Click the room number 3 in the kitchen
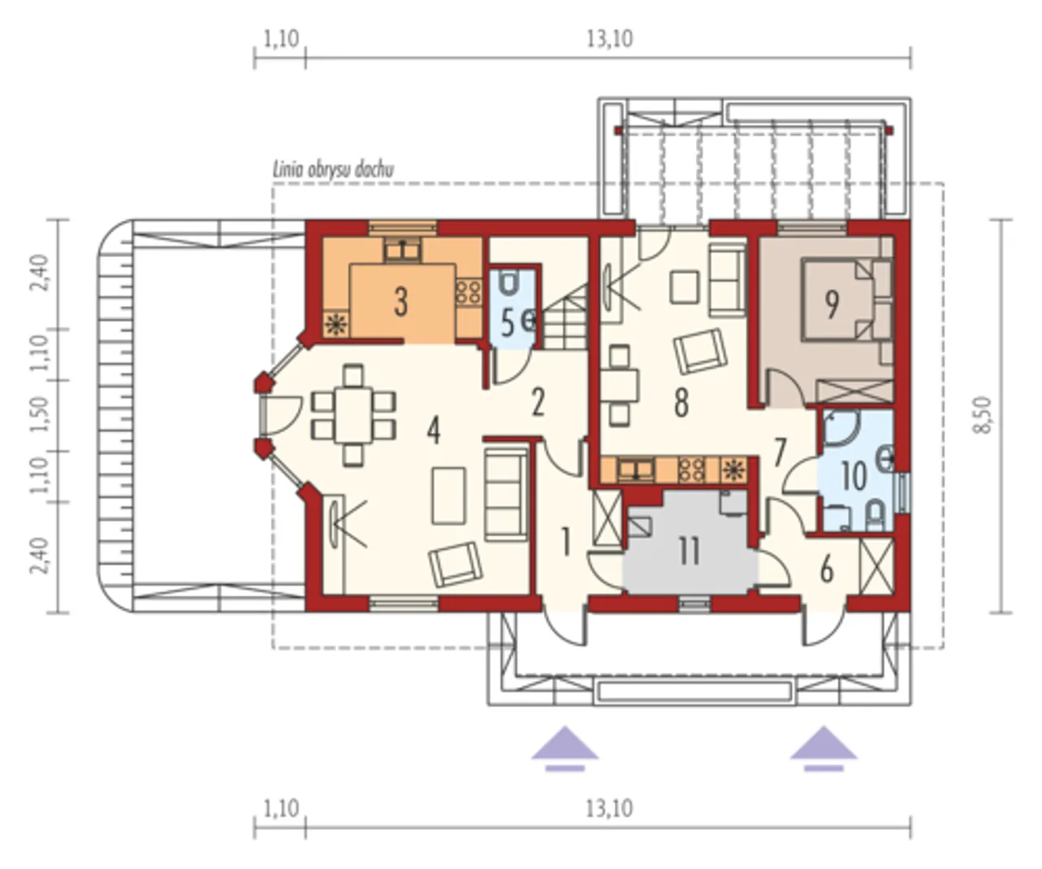pos(401,302)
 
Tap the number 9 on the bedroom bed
pos(831,305)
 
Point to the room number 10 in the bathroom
pos(854,476)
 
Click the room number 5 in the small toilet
pos(507,323)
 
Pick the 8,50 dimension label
pos(983,415)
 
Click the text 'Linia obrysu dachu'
pos(334,170)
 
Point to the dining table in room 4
pos(353,415)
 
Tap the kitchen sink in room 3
pos(403,250)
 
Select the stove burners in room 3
pos(469,292)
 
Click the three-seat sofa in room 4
pos(506,494)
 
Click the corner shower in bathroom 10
pos(840,427)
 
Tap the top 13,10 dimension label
pos(610,39)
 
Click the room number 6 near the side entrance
pos(826,570)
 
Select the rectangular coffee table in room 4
pos(449,496)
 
